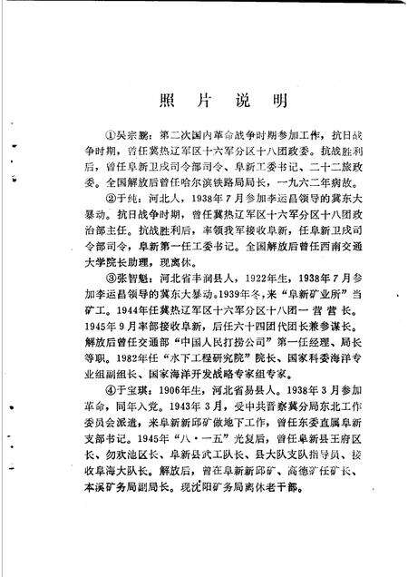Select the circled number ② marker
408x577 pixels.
[x=112, y=220]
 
